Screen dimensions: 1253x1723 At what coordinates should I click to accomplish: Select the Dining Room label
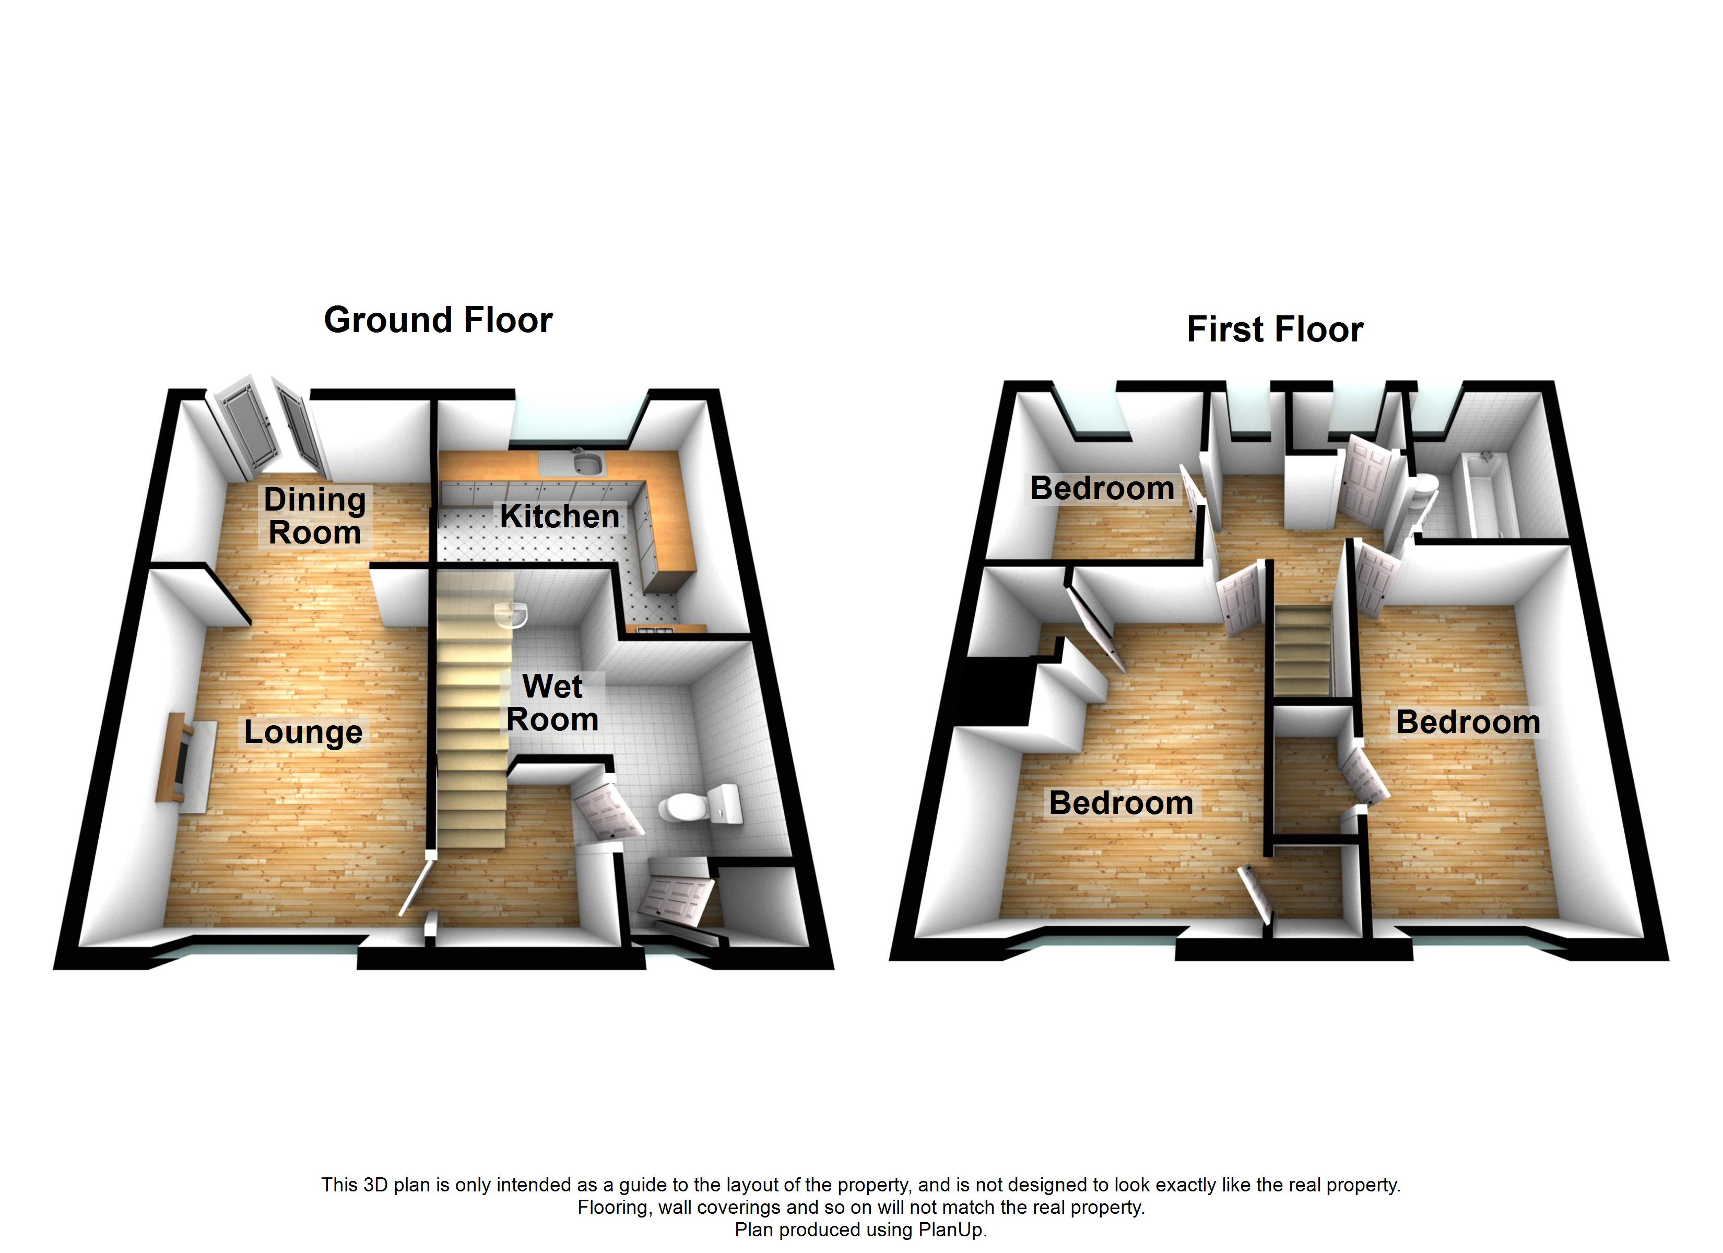pos(314,516)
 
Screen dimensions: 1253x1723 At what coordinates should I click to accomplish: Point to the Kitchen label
pos(559,517)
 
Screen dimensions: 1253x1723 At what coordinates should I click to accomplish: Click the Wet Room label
pos(552,703)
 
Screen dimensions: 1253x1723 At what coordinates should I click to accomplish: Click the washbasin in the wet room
pos(511,614)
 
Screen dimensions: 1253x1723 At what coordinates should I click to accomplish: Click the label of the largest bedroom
pos(1120,803)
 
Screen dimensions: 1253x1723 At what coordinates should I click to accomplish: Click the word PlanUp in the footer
pos(950,1230)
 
